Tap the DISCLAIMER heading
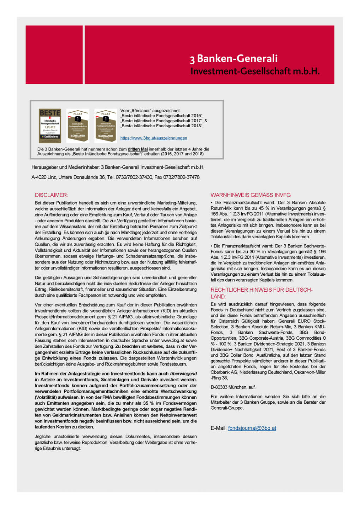point(51,195)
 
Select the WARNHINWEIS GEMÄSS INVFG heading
point(250,195)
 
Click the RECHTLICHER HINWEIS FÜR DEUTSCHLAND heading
point(261,293)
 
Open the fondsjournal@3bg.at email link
point(252,428)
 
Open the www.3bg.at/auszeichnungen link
point(154,138)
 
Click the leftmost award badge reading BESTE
point(50,126)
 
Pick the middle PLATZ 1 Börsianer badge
point(78,126)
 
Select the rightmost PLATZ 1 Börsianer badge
point(106,126)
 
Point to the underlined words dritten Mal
point(138,149)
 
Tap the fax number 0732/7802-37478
point(181,177)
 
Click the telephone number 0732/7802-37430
point(132,177)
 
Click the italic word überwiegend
point(183,374)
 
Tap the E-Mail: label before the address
point(219,428)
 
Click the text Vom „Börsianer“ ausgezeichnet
point(150,111)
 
